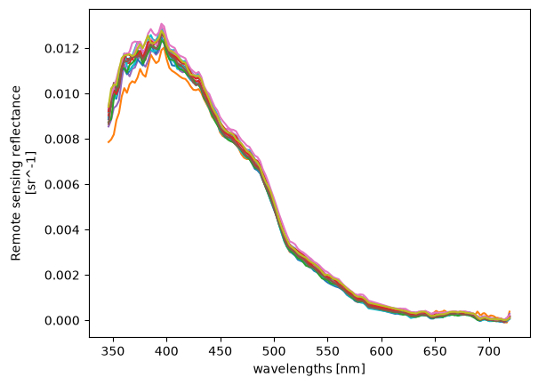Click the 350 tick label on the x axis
click(113, 352)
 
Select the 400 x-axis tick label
click(167, 352)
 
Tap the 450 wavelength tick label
click(221, 352)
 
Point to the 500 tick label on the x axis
click(274, 352)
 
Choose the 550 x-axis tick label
click(328, 352)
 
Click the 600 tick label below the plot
click(381, 352)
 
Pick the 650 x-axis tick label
click(436, 352)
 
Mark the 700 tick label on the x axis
click(489, 352)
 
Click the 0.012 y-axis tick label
click(62, 49)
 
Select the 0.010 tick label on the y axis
click(62, 94)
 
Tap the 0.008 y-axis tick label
click(62, 140)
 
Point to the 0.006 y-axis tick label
click(62, 185)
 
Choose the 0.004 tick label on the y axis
click(62, 230)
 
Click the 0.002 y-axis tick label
click(62, 276)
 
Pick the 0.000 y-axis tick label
click(62, 320)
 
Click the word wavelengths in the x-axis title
click(293, 369)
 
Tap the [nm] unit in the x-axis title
click(350, 370)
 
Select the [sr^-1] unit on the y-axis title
click(32, 173)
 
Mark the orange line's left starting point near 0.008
click(108, 142)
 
